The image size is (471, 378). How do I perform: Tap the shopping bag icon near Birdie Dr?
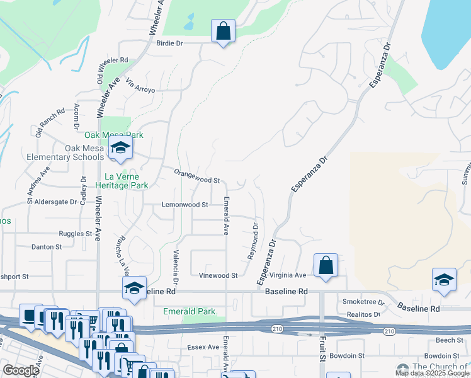(223, 31)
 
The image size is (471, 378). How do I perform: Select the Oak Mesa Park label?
(115, 135)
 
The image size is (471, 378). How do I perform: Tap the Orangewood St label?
(197, 179)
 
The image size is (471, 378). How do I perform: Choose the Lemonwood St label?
(185, 205)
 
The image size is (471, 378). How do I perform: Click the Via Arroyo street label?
(140, 86)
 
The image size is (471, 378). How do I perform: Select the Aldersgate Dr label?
(51, 202)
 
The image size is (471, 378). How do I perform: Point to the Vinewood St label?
(218, 275)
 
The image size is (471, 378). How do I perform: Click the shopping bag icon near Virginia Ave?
(326, 266)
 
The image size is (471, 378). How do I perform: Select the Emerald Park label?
(189, 311)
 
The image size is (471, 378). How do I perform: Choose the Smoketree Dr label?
(362, 302)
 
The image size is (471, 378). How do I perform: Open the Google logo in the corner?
(21, 370)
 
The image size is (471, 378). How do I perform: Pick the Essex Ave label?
(203, 347)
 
